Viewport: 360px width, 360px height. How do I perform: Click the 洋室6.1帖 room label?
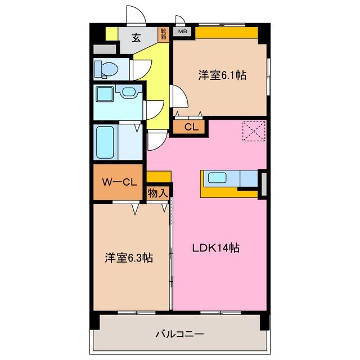click(x=222, y=75)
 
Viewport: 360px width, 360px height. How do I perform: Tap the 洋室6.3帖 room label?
click(x=129, y=258)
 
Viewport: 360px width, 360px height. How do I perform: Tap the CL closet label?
click(x=191, y=127)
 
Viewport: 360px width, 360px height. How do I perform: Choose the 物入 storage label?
click(x=157, y=193)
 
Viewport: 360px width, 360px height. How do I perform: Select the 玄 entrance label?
click(x=137, y=38)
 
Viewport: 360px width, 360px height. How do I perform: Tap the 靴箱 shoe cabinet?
click(x=164, y=35)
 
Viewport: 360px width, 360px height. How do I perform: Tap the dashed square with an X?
click(x=254, y=132)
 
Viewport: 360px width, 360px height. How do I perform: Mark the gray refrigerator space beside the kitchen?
click(x=263, y=183)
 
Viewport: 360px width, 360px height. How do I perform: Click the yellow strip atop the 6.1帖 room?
click(x=226, y=33)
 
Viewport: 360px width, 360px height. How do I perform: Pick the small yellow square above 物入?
click(x=159, y=177)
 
